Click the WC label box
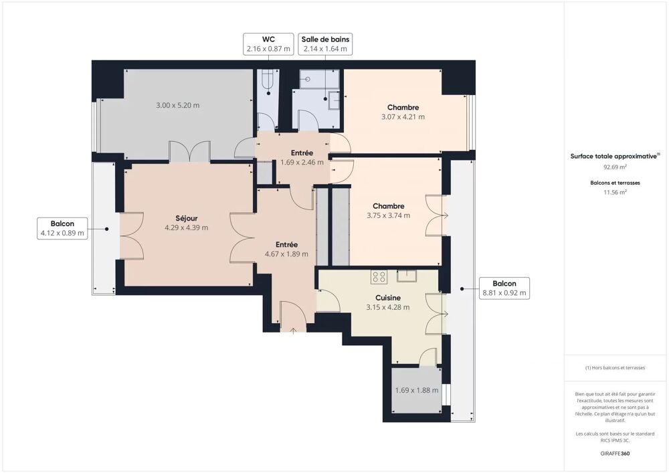[x=268, y=43]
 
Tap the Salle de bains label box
[x=325, y=43]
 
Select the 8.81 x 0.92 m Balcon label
[x=504, y=288]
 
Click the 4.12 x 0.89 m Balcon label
[x=62, y=228]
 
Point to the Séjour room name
[x=186, y=218]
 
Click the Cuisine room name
[x=388, y=298]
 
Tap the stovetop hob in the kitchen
[x=379, y=276]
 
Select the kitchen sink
[x=407, y=274]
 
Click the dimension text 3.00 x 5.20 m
[x=177, y=105]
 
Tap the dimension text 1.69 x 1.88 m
[x=416, y=391]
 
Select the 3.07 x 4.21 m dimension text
[x=403, y=116]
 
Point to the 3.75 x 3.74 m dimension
[x=388, y=215]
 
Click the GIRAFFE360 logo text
[x=616, y=454]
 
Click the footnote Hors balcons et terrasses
[x=616, y=368]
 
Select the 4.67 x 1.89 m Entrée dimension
[x=286, y=254]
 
